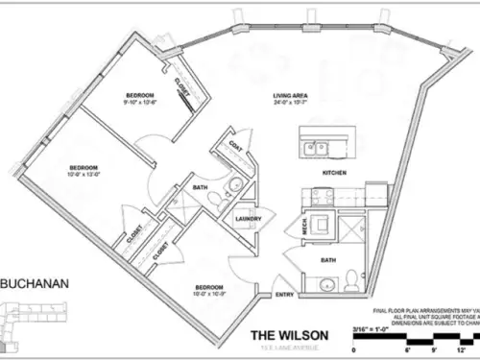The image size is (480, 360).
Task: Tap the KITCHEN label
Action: (333, 173)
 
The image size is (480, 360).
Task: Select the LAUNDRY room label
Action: (249, 218)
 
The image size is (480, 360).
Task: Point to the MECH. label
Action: (296, 228)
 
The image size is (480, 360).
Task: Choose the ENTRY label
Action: (285, 295)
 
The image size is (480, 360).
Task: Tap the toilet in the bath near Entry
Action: (352, 278)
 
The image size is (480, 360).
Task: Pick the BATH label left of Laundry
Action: (201, 187)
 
